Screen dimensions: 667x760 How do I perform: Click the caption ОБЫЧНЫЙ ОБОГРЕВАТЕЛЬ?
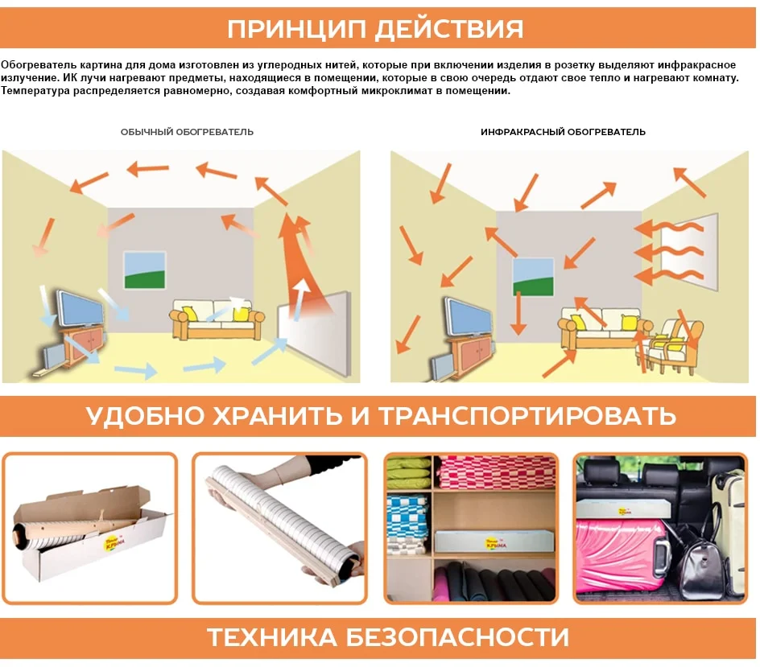pos(187,132)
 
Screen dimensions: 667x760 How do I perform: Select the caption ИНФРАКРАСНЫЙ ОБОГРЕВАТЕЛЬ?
pos(563,132)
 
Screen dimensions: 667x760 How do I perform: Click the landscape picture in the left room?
pos(145,270)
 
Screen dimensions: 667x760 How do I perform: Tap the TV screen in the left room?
pos(80,309)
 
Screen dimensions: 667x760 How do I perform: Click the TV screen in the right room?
pos(469,315)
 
